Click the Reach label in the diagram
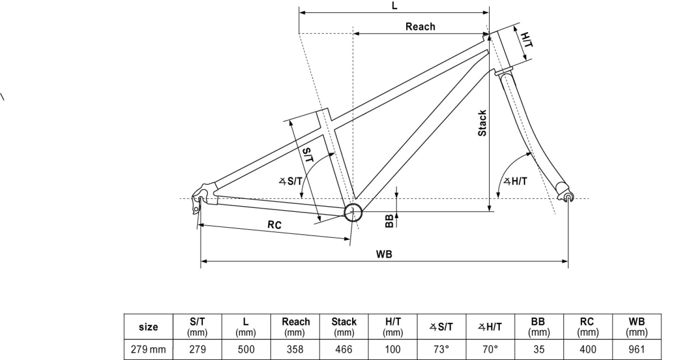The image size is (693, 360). [x=420, y=26]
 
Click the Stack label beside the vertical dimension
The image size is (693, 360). [x=482, y=123]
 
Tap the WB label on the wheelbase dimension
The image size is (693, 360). [x=384, y=254]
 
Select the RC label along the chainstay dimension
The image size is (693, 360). [x=274, y=225]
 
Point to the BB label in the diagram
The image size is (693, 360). [x=389, y=221]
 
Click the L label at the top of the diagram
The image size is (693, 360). [x=394, y=6]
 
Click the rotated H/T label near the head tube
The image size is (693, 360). [x=526, y=40]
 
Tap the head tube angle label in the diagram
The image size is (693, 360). [x=515, y=181]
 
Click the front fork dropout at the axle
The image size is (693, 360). [x=568, y=198]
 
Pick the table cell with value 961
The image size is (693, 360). [x=637, y=349]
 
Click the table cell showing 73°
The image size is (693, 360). [x=441, y=349]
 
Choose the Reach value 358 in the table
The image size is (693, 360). [x=295, y=349]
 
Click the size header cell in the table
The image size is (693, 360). [x=148, y=327]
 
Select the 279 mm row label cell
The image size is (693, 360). [x=148, y=349]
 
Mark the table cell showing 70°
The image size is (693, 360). [x=490, y=349]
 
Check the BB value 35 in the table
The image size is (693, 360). [x=539, y=349]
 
